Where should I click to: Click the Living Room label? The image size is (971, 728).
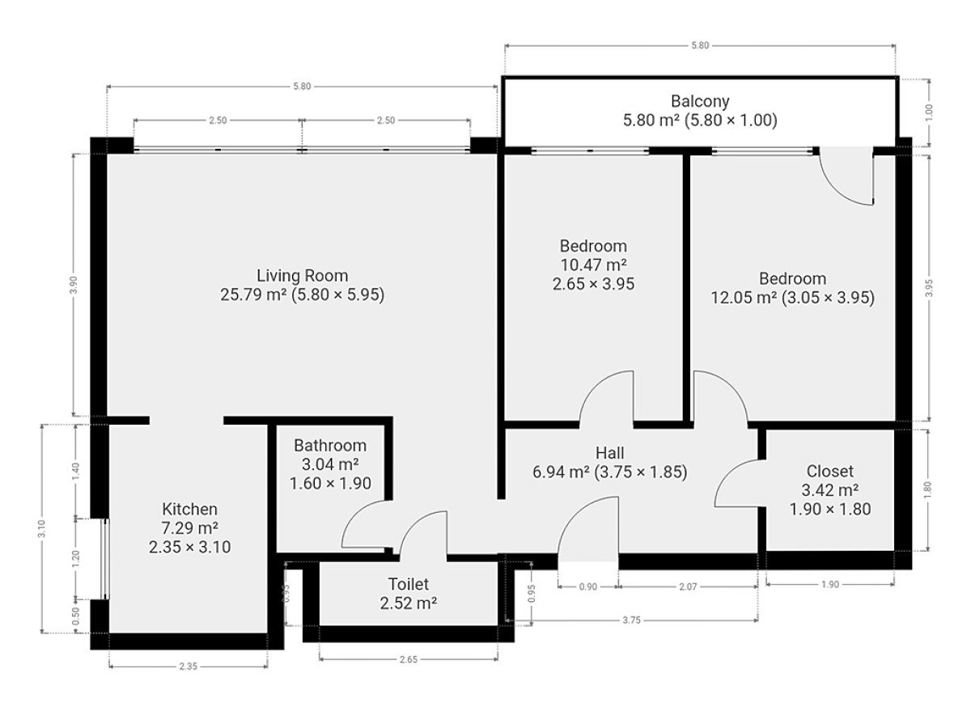click(x=302, y=276)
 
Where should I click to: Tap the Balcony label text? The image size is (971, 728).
click(x=700, y=101)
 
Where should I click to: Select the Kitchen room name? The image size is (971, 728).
click(x=189, y=510)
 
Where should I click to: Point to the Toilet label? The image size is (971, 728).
click(x=409, y=584)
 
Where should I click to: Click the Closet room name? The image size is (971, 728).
click(x=830, y=472)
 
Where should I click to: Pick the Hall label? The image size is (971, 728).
click(x=609, y=453)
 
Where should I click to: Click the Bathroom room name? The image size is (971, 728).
click(x=330, y=446)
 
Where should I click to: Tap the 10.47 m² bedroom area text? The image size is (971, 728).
click(x=593, y=265)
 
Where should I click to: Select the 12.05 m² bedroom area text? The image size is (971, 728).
click(x=743, y=298)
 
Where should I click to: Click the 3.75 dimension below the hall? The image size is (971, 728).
click(x=631, y=620)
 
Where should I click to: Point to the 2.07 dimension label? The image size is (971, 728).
click(x=688, y=586)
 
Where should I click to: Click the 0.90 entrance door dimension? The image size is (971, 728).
click(x=588, y=586)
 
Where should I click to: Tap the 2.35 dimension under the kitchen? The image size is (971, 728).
click(x=188, y=666)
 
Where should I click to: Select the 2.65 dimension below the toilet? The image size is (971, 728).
click(x=409, y=659)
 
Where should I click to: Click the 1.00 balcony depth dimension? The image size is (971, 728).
click(x=929, y=112)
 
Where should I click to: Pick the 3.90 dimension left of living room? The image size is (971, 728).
click(x=74, y=285)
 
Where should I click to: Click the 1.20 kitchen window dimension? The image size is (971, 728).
click(x=75, y=559)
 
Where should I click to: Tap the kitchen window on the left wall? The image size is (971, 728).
click(x=105, y=559)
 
